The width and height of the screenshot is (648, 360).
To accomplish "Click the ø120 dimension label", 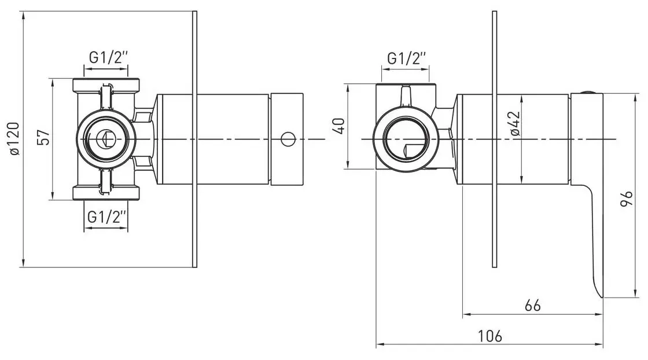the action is [14, 139].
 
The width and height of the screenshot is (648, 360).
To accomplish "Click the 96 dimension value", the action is [627, 199].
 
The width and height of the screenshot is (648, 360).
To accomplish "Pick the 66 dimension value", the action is [532, 306].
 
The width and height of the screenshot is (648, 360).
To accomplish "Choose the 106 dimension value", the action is [490, 336].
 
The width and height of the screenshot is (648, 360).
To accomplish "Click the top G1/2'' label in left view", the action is [107, 57].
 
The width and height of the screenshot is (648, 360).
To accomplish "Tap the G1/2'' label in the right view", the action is [406, 58].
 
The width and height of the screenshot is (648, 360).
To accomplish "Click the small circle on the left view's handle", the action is [288, 139].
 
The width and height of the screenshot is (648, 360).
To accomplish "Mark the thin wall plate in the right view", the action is [494, 139].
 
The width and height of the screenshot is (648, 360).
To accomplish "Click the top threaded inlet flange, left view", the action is [106, 85].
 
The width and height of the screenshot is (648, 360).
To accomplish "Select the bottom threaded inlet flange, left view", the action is [106, 193].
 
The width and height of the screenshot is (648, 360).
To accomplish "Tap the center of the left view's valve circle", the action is [106, 139].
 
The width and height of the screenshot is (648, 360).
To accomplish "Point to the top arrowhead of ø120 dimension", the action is [24, 15].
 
